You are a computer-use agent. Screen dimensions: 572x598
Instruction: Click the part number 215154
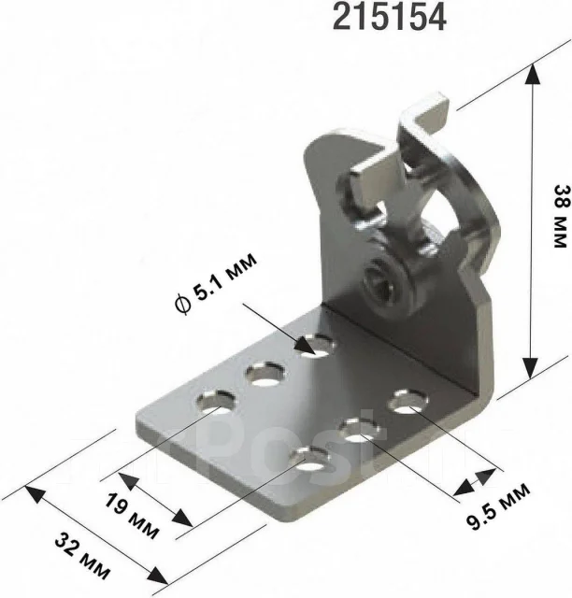pos(390,18)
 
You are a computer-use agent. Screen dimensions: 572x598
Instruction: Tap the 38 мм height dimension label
pos(561,216)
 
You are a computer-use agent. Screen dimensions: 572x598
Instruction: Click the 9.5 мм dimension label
pos(499,506)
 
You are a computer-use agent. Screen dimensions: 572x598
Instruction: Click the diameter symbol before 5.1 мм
pos(181,304)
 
